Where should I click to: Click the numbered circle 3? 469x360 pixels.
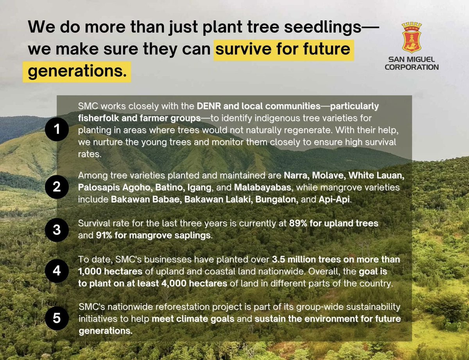pos(57,229)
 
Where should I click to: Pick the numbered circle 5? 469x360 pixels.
pos(57,318)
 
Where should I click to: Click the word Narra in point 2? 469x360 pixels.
pos(295,175)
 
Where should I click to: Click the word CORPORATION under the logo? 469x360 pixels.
pos(412,67)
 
